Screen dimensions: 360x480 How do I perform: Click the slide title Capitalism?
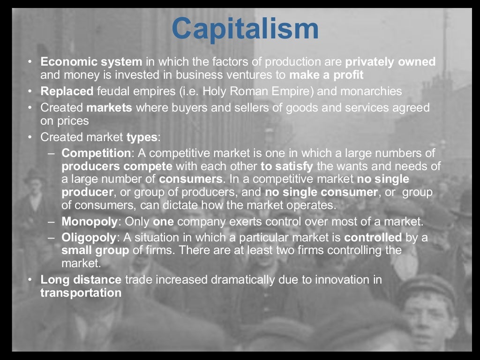click(x=245, y=29)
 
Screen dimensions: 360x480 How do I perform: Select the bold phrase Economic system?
click(x=91, y=61)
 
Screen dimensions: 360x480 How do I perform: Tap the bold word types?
click(x=142, y=137)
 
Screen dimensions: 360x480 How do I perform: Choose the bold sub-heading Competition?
click(x=96, y=153)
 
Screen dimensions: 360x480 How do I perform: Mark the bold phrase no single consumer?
click(x=321, y=192)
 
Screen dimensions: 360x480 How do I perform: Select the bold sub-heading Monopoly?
click(x=89, y=221)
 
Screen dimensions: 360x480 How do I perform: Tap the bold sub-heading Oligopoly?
click(x=89, y=237)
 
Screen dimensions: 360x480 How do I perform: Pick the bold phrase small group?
click(x=95, y=250)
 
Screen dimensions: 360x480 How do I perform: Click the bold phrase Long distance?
click(x=81, y=280)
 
